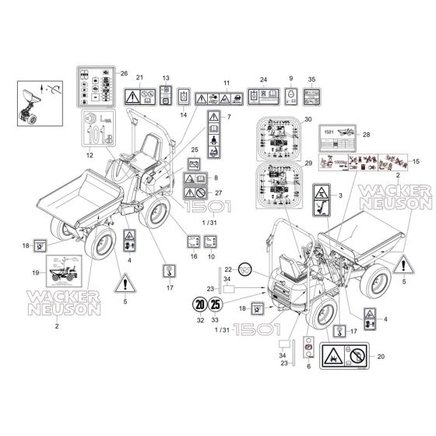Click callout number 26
tap(123, 73)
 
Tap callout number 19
tap(35, 272)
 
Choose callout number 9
tap(290, 79)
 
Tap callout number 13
tap(165, 79)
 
